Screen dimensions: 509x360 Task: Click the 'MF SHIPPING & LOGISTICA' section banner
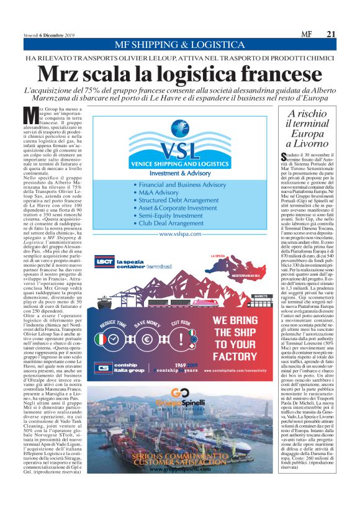(179, 45)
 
